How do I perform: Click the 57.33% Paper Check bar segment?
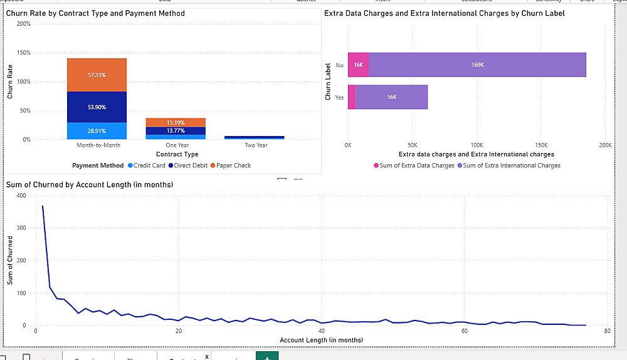point(97,75)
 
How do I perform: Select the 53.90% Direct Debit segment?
point(97,107)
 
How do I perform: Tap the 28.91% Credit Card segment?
point(97,131)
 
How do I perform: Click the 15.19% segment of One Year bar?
point(176,122)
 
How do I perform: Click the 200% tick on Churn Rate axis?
point(23,24)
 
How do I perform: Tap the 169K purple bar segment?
point(477,65)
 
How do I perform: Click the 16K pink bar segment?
point(358,65)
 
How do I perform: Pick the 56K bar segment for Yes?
point(391,97)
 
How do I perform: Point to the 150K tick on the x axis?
point(540,144)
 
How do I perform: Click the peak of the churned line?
point(43,206)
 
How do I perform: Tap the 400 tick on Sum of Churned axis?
point(22,196)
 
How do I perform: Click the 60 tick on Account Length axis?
point(464,332)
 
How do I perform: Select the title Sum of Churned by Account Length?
point(90,184)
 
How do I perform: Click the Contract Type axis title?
point(177,154)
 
